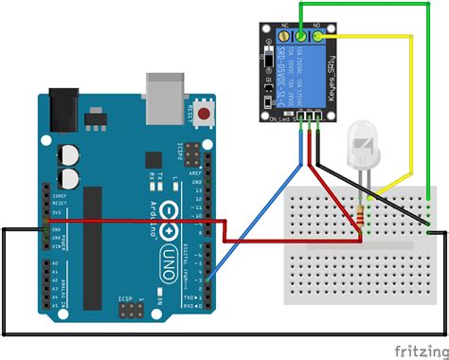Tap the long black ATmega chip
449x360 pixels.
92,247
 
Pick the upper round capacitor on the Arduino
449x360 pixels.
68,153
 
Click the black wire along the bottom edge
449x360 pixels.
218,334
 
